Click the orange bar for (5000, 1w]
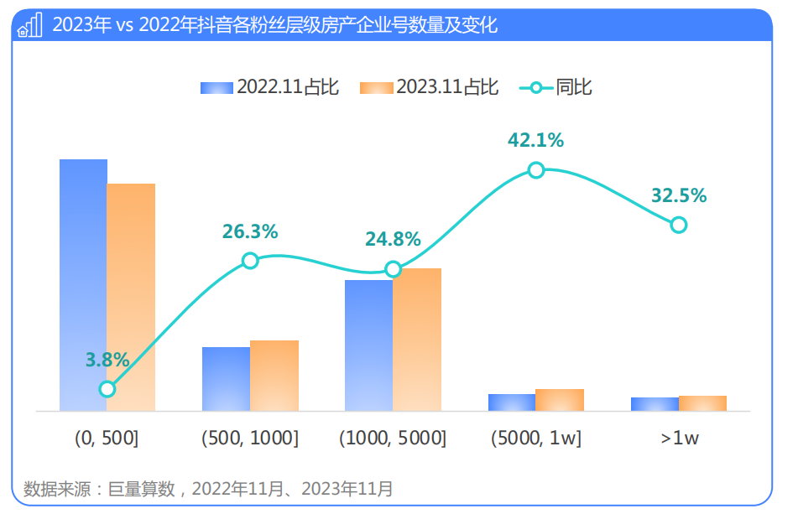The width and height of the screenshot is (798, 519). coord(560,400)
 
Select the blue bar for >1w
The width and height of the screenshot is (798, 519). coord(655,404)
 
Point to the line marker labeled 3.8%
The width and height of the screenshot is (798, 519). coord(107,389)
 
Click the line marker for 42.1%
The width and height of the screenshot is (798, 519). coord(536,169)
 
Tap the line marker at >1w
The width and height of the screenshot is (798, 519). coord(679,225)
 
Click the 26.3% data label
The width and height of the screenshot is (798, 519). coord(250,232)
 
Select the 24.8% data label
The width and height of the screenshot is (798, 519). coord(393,240)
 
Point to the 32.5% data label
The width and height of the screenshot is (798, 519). coord(679,196)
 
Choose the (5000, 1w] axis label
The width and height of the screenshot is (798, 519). coord(536,439)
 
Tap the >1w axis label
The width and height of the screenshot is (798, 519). coord(679,439)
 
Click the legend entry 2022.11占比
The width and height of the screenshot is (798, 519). coord(269,87)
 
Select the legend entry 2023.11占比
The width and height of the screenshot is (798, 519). coord(429,87)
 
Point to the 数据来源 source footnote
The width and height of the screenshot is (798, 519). coord(208,489)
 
